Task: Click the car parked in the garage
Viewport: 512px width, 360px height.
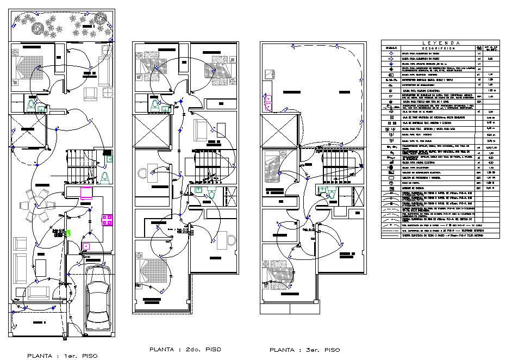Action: [98, 294]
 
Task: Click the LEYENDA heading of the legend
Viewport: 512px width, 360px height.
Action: [440, 43]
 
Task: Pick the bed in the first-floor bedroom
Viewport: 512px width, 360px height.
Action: [25, 67]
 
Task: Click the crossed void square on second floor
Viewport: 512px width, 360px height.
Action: [148, 131]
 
